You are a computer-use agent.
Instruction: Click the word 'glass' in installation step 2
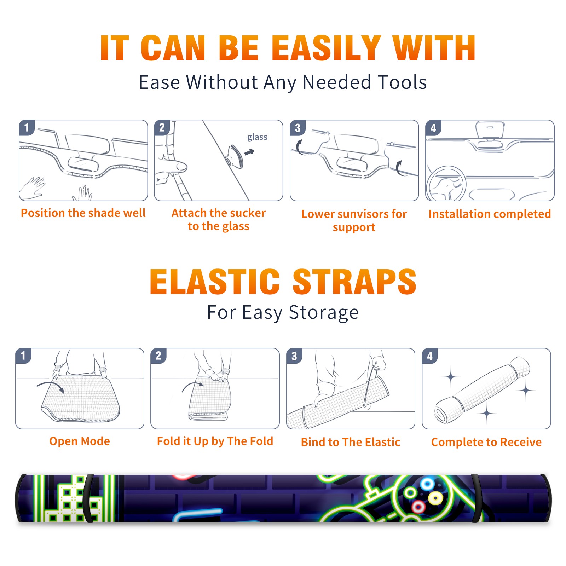(x=257, y=137)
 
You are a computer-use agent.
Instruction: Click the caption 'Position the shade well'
(x=83, y=213)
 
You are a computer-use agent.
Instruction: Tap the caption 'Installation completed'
(x=490, y=214)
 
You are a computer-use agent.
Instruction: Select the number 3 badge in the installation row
(x=298, y=128)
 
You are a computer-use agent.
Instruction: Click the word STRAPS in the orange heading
(x=355, y=282)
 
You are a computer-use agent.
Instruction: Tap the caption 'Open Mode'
(x=80, y=441)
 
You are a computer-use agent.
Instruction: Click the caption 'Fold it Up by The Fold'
(x=215, y=441)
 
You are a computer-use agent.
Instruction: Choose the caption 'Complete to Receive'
(x=486, y=442)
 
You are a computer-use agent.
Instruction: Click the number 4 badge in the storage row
(x=430, y=356)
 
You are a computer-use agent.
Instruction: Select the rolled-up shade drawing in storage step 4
(x=482, y=390)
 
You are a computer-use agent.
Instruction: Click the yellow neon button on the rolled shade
(x=435, y=498)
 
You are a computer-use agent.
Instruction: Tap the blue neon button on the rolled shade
(x=427, y=484)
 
